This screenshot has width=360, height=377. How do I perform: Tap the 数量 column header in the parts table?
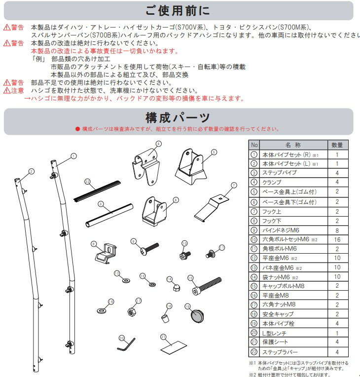[337, 145]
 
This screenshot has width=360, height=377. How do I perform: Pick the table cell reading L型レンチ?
[279, 333]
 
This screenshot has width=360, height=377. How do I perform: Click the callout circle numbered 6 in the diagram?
[176, 200]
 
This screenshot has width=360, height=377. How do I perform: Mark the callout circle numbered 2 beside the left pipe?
[31, 171]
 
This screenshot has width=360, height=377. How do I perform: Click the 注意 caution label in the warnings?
[14, 91]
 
